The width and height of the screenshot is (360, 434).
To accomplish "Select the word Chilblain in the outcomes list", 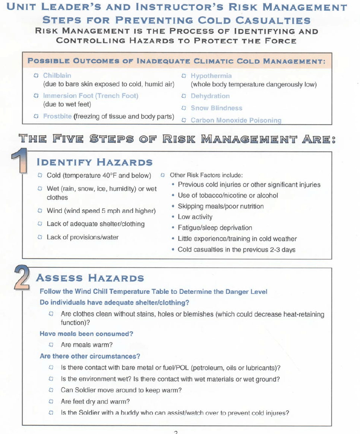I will (x=57, y=76).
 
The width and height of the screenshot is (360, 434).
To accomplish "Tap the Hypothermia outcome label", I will (x=211, y=76).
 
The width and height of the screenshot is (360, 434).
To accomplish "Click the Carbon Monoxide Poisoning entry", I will (x=236, y=120).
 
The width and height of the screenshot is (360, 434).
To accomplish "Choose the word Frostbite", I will (x=57, y=116).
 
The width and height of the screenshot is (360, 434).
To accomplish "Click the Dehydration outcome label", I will (x=210, y=96).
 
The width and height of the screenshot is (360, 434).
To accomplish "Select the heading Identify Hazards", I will (x=94, y=162).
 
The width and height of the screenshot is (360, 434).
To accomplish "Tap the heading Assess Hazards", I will (x=90, y=278).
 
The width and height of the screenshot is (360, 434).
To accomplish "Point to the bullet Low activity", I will (x=195, y=217).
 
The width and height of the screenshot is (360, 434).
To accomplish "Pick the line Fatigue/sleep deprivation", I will (x=215, y=228).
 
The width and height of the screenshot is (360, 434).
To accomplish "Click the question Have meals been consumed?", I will (x=86, y=334).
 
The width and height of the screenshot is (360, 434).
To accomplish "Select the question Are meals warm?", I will (x=86, y=345).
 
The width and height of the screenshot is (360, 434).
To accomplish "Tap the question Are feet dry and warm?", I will (x=95, y=402).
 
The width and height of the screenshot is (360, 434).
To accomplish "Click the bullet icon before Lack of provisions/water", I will (x=40, y=237).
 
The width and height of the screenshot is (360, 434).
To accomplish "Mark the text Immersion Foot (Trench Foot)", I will (x=91, y=96).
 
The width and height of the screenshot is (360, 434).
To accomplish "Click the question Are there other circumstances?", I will (x=90, y=356).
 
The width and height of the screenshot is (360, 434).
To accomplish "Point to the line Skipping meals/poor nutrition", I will (x=221, y=206).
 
